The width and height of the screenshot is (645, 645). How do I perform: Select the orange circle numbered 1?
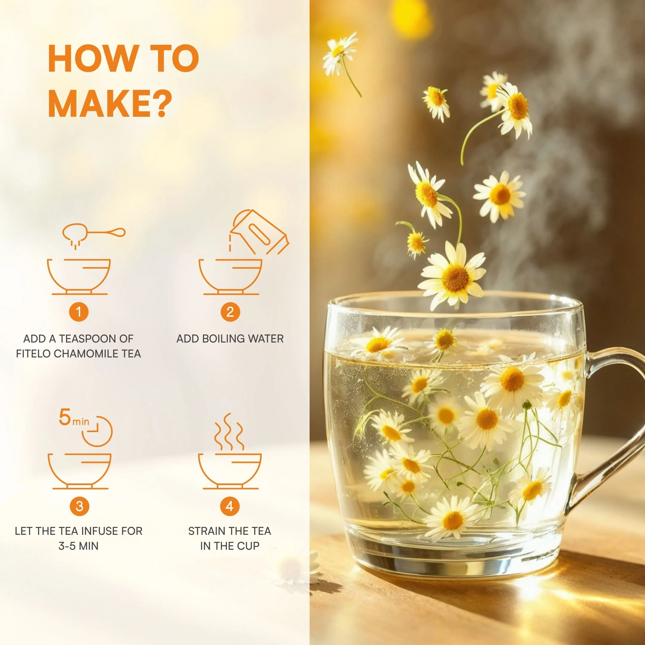[79, 312]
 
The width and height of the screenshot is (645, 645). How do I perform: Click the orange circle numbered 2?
[230, 312]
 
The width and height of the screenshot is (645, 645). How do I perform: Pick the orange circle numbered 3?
[79, 506]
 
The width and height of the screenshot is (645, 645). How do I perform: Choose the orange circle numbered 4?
[230, 506]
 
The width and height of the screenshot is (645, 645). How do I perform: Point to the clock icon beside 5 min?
[97, 431]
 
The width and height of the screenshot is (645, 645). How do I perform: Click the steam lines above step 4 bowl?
[229, 432]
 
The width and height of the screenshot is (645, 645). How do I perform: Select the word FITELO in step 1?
[33, 354]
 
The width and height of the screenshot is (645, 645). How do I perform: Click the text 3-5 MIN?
[79, 546]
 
